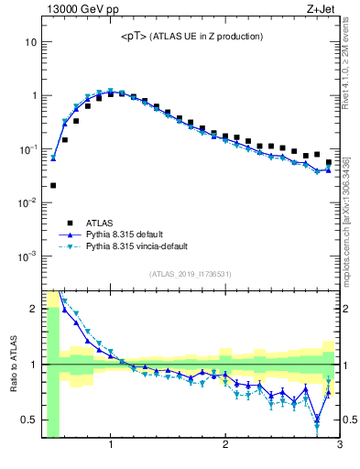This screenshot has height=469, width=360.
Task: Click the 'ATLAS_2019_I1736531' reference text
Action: [x=191, y=274]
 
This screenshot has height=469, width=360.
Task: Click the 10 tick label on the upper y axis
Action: [x=30, y=42]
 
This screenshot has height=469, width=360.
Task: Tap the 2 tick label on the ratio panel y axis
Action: [x=32, y=309]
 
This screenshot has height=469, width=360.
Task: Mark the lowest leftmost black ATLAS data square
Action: [x=53, y=185]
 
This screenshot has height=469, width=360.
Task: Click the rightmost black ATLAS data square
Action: [x=329, y=162]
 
